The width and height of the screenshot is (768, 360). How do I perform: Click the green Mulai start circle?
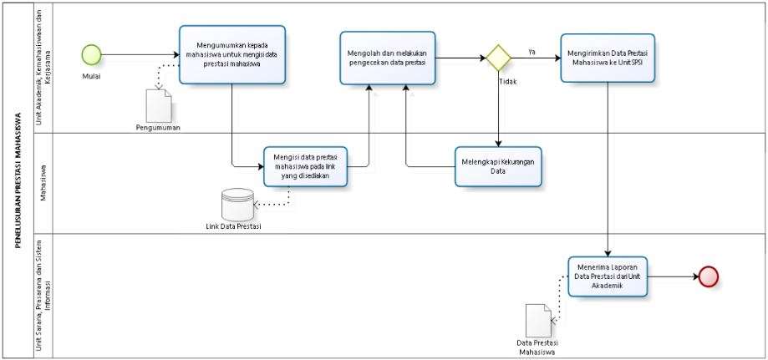91,54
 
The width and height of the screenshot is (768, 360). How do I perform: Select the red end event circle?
708,276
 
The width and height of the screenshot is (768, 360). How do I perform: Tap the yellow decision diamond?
499,58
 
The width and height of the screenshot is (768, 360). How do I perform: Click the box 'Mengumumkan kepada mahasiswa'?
232,55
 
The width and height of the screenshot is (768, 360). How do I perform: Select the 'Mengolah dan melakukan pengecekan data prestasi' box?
388,58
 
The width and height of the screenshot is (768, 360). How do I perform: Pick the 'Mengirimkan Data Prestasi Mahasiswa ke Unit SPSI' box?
608,58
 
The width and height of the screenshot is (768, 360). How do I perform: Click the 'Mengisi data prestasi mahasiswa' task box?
306,166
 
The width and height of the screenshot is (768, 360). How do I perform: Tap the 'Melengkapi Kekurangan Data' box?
498,166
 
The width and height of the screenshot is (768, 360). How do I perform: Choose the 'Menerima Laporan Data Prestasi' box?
608,276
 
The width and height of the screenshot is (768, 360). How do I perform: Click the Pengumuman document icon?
159,105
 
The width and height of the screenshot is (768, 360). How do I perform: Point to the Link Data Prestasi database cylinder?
237,205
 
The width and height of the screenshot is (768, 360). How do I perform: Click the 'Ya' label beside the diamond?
531,52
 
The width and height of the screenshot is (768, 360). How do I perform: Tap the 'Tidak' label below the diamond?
507,82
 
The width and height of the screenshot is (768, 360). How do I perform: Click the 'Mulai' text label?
91,77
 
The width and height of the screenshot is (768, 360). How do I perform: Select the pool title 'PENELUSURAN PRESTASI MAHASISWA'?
18,180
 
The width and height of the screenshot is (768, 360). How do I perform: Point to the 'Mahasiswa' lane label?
43,183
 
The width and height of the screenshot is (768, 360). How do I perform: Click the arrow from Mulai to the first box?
140,54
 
